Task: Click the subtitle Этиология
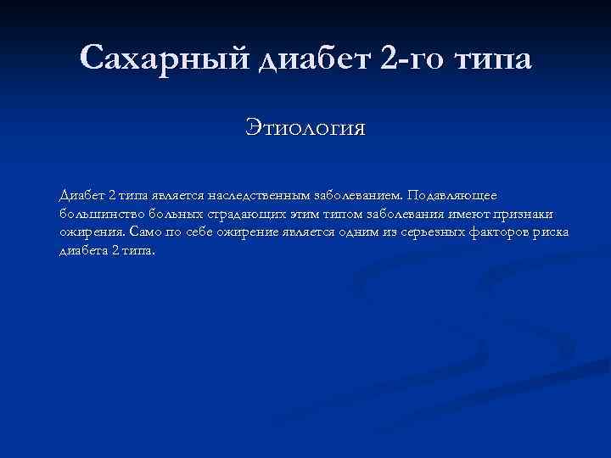tap(305, 128)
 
